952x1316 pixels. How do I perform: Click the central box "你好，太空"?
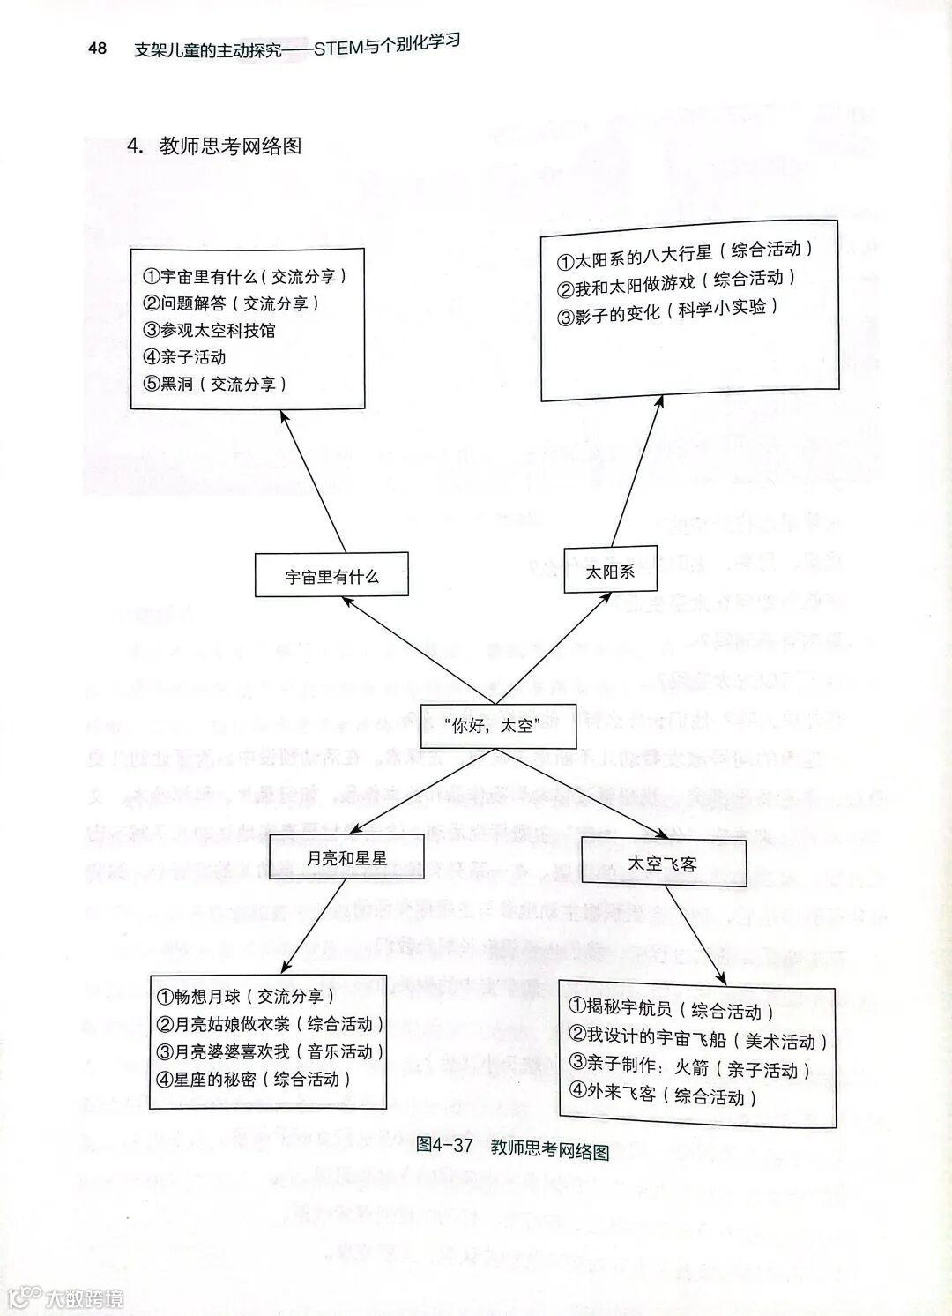point(497,727)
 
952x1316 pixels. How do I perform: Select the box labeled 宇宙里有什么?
point(331,577)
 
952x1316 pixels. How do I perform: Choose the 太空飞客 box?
point(663,863)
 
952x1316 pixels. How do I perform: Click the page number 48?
point(98,49)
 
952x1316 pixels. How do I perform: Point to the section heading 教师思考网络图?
point(230,146)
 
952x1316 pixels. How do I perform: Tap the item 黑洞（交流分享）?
point(215,384)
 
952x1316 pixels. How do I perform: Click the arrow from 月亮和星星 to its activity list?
point(313,926)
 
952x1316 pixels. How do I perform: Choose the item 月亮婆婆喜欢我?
point(270,1051)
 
